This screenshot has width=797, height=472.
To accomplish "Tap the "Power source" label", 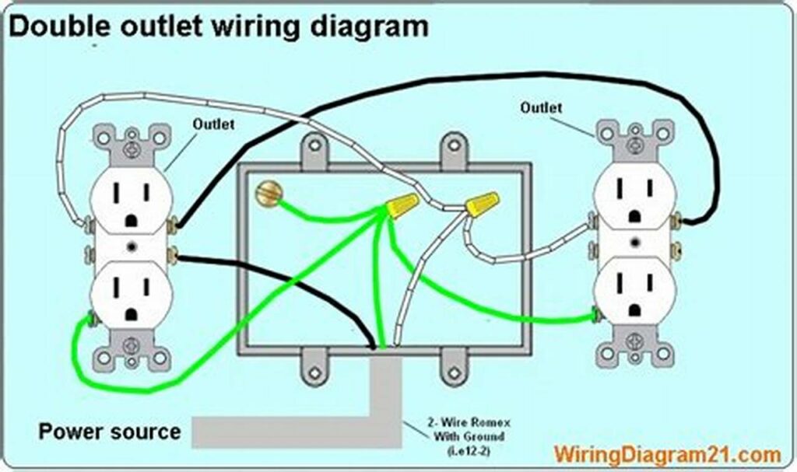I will pos(110,432).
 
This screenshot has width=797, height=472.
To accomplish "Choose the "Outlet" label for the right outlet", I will pos(541,107).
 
